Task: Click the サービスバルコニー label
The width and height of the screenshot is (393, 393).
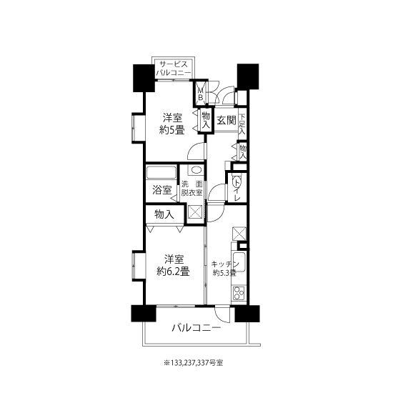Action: (172, 69)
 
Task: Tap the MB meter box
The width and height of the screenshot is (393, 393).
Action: (201, 93)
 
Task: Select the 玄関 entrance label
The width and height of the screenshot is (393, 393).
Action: (227, 121)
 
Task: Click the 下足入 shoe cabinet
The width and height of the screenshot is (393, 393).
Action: (242, 124)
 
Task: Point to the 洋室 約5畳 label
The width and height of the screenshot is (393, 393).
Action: (172, 124)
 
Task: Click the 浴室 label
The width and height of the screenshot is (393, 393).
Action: (162, 190)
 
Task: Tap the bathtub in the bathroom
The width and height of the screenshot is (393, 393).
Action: (161, 172)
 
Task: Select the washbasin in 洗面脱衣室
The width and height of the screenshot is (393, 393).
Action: (196, 170)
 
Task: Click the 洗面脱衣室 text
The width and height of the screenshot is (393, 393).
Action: (192, 189)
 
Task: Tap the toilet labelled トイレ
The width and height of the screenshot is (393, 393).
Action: (237, 183)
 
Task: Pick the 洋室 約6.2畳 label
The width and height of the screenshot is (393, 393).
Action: (173, 265)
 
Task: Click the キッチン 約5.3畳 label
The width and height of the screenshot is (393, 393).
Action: (225, 268)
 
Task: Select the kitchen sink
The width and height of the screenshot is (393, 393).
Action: (239, 262)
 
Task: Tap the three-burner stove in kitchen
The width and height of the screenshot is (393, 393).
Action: (239, 293)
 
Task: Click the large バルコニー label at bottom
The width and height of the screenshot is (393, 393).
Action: (196, 327)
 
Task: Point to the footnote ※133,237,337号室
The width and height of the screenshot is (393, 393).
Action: (193, 363)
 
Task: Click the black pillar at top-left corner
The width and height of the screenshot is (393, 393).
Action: (144, 78)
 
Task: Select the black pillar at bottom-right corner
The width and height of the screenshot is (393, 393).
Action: (247, 313)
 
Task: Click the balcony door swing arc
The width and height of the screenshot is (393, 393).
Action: (221, 318)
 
